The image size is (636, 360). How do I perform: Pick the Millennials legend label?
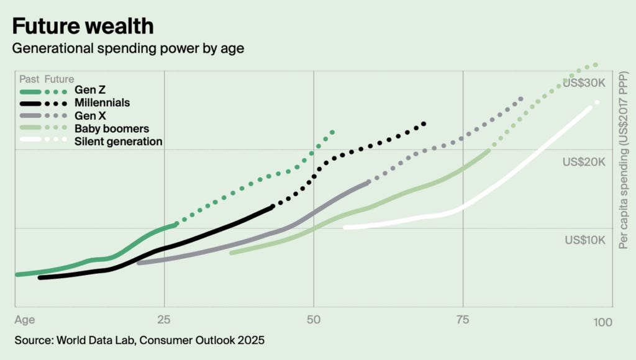tap(102, 102)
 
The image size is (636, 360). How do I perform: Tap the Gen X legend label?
tap(89, 116)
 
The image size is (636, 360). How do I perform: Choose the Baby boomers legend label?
tap(112, 129)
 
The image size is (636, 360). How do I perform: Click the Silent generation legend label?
tap(118, 142)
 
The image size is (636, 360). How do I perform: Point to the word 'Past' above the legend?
tap(29, 79)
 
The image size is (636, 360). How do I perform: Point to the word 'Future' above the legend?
tap(59, 79)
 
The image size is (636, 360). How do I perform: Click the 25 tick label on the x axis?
tap(164, 320)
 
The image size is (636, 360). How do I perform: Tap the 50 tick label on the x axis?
tap(314, 320)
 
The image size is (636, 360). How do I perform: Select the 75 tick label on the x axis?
tap(463, 320)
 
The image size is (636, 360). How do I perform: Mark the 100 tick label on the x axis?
tap(602, 322)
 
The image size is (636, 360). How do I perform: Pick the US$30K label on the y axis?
tap(583, 83)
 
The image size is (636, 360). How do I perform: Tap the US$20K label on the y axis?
tap(583, 162)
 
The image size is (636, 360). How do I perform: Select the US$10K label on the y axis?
tap(583, 240)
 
